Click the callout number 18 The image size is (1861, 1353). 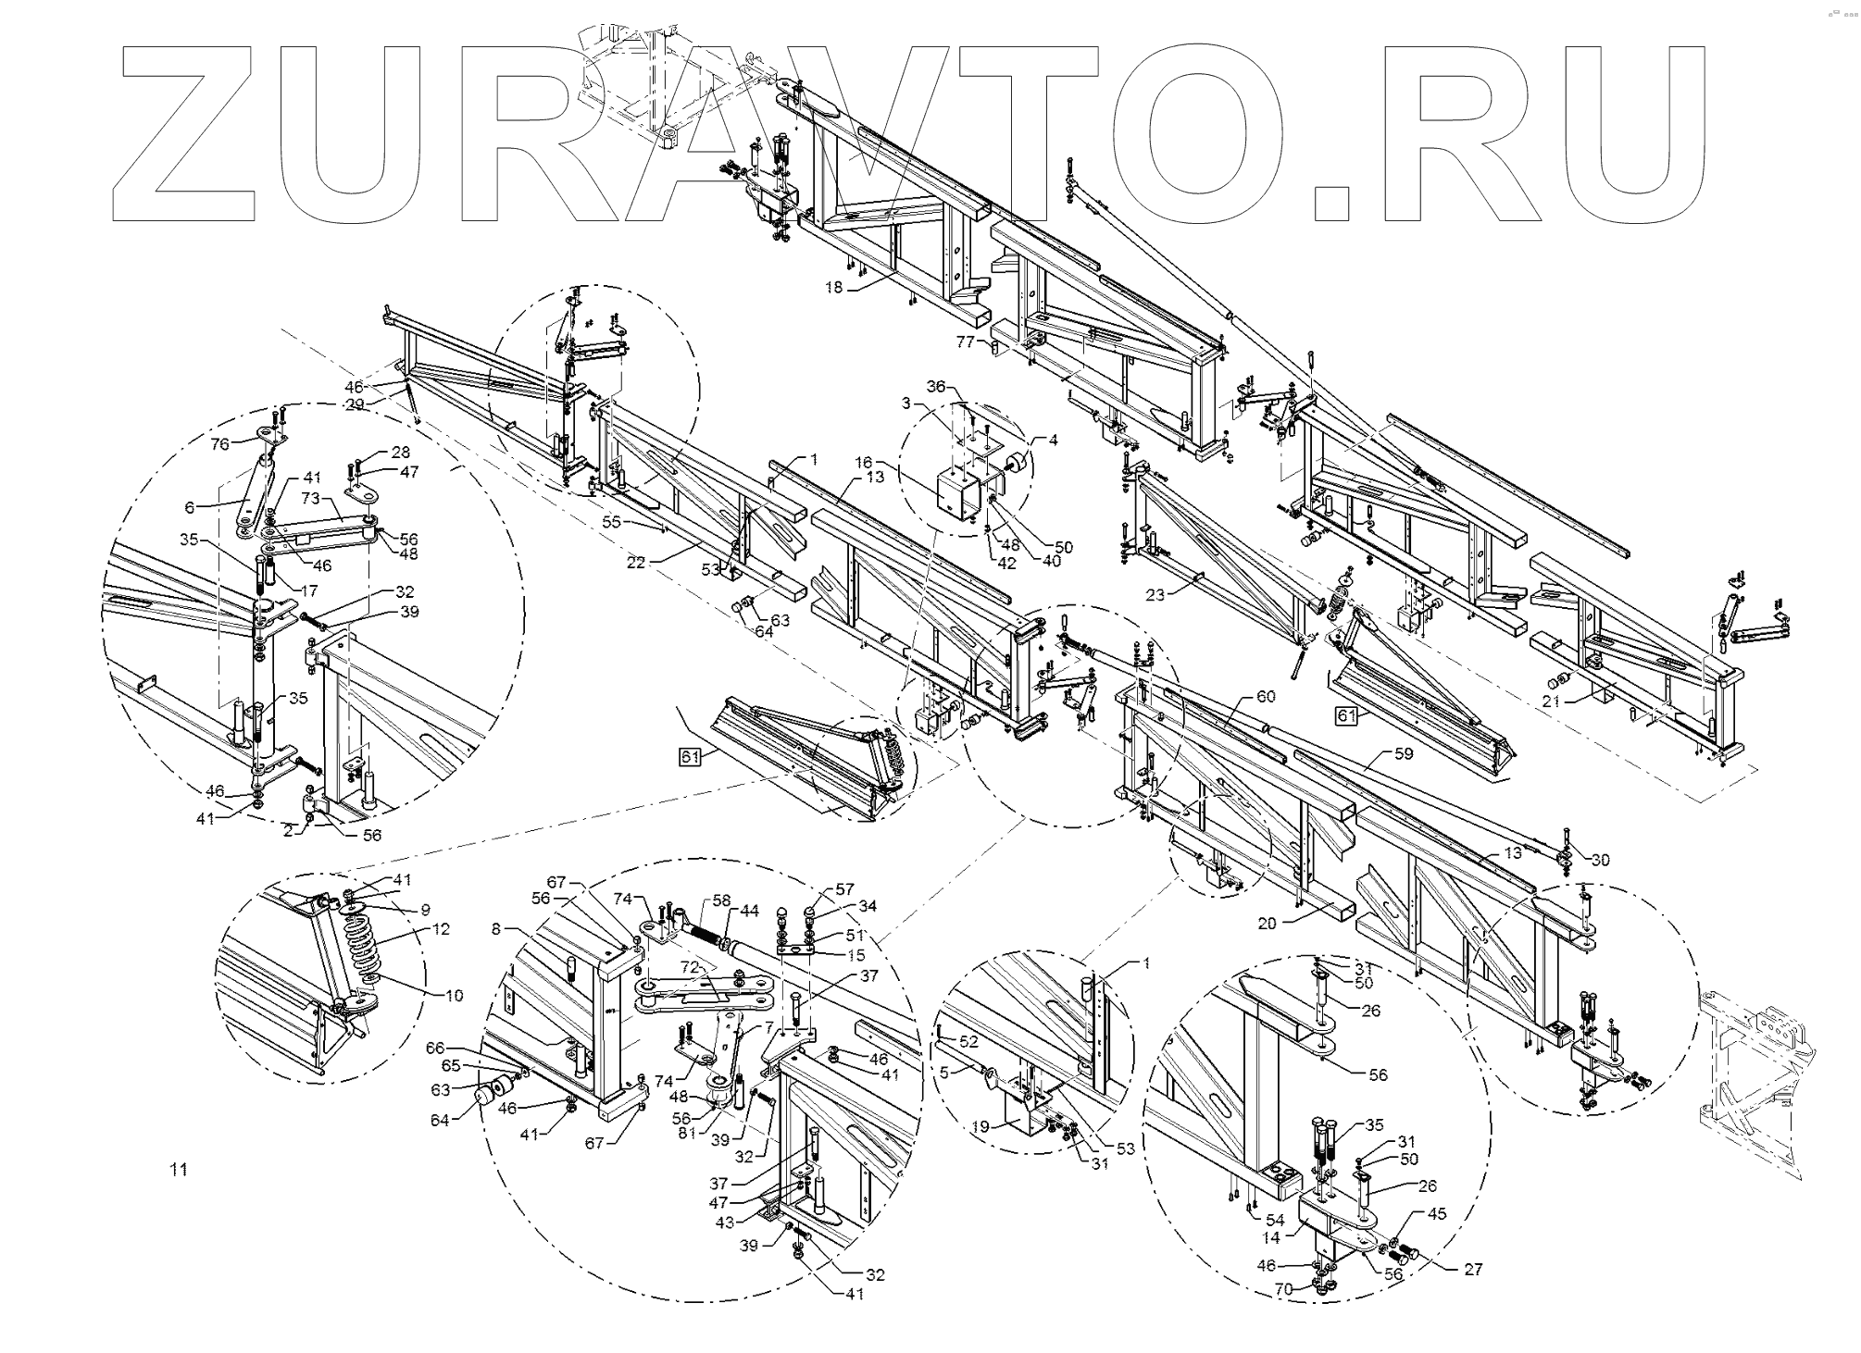[834, 288]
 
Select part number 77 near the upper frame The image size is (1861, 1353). [966, 342]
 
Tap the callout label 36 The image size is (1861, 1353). [936, 387]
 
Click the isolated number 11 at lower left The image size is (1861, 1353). [179, 1170]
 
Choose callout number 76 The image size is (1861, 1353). [219, 444]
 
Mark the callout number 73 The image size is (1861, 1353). [310, 499]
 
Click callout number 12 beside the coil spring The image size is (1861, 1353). [441, 928]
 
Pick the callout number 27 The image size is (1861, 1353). [1473, 1270]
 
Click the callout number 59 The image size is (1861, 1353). [1405, 753]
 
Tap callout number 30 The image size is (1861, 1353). [1600, 860]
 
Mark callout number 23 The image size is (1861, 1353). [1155, 596]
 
